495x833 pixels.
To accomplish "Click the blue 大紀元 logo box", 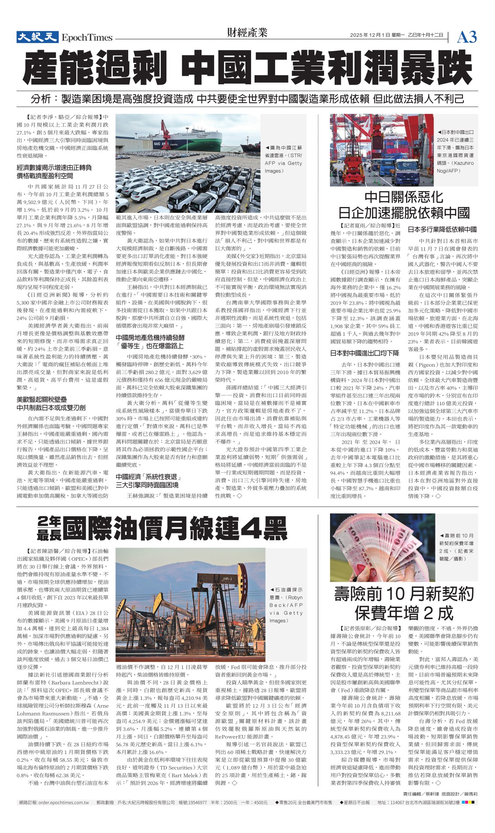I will (37, 37).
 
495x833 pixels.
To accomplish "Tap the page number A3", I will (467, 37).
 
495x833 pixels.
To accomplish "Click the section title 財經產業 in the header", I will (247, 33).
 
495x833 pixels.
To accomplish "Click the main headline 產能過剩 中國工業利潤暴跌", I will (247, 67).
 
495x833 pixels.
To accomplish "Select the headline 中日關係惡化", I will (404, 197).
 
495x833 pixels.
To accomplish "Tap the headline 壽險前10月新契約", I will (404, 594).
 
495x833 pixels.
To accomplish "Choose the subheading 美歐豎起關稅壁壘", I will (42, 399).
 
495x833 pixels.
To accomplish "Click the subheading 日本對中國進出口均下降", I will (364, 353).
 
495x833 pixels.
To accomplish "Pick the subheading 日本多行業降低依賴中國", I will (442, 230).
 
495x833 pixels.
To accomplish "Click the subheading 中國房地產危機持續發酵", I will (150, 337).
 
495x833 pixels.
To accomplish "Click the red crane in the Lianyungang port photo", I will (165, 133).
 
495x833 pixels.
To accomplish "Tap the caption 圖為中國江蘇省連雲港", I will (284, 159).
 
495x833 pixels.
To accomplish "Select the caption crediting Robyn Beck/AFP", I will (286, 605).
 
